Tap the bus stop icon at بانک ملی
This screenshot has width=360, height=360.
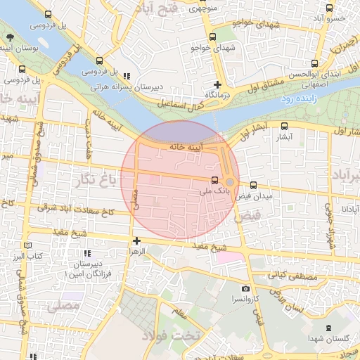pos(215,179)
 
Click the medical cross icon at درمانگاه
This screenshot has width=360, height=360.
pos(218,84)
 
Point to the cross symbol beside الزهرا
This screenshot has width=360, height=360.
pos(137,241)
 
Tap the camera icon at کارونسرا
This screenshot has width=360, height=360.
pos(245,289)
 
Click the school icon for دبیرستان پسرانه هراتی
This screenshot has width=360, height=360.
pos(127,77)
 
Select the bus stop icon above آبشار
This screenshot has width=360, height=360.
pos(284,127)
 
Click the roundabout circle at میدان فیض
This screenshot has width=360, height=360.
pos(230,182)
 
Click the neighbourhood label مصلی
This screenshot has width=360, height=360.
pos(63,307)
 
